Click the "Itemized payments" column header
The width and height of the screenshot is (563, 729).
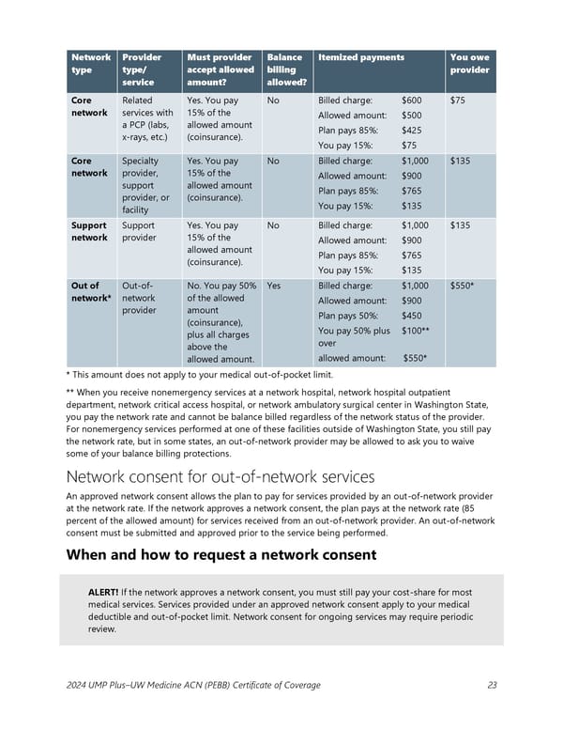[x=360, y=57]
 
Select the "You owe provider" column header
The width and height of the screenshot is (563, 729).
[x=469, y=63]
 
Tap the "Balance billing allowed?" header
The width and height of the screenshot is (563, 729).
[x=284, y=70]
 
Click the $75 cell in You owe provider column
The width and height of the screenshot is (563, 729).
[x=459, y=100]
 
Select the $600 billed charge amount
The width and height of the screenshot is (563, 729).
[x=411, y=100]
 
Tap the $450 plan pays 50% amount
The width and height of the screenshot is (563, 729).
[x=411, y=316]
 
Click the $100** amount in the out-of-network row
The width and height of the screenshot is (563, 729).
[x=415, y=331]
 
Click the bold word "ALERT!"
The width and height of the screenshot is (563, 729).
[x=103, y=594]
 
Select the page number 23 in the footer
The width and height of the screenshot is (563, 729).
[x=493, y=685]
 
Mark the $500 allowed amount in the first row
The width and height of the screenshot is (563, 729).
[x=411, y=115]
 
